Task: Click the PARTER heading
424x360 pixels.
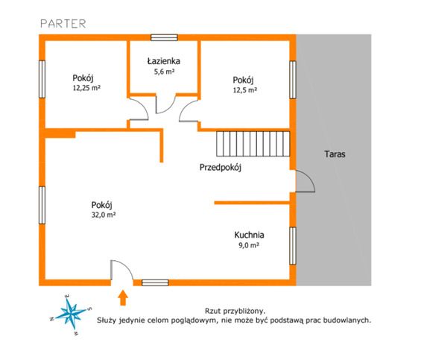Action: pyautogui.click(x=63, y=24)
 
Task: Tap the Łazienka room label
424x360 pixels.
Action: pyautogui.click(x=164, y=61)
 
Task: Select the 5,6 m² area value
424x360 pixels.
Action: pyautogui.click(x=164, y=72)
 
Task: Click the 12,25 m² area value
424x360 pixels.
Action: pyautogui.click(x=86, y=88)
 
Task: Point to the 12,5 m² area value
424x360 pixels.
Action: pyautogui.click(x=245, y=89)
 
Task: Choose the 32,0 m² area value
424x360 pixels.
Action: pyautogui.click(x=104, y=215)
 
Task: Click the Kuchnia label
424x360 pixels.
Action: pyautogui.click(x=249, y=235)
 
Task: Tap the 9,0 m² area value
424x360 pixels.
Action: pyautogui.click(x=249, y=245)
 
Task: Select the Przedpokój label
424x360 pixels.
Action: pyautogui.click(x=220, y=168)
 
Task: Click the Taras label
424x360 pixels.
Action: pyautogui.click(x=335, y=154)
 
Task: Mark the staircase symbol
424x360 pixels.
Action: pyautogui.click(x=253, y=144)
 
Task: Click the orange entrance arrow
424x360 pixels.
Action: pyautogui.click(x=123, y=298)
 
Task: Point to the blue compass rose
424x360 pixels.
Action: pyautogui.click(x=71, y=314)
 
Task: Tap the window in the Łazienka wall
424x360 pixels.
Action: pyautogui.click(x=164, y=37)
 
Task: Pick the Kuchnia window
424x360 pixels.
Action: pyautogui.click(x=293, y=246)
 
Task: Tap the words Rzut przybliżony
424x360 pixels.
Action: pyautogui.click(x=235, y=311)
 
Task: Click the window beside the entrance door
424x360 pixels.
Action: pyautogui.click(x=155, y=282)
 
